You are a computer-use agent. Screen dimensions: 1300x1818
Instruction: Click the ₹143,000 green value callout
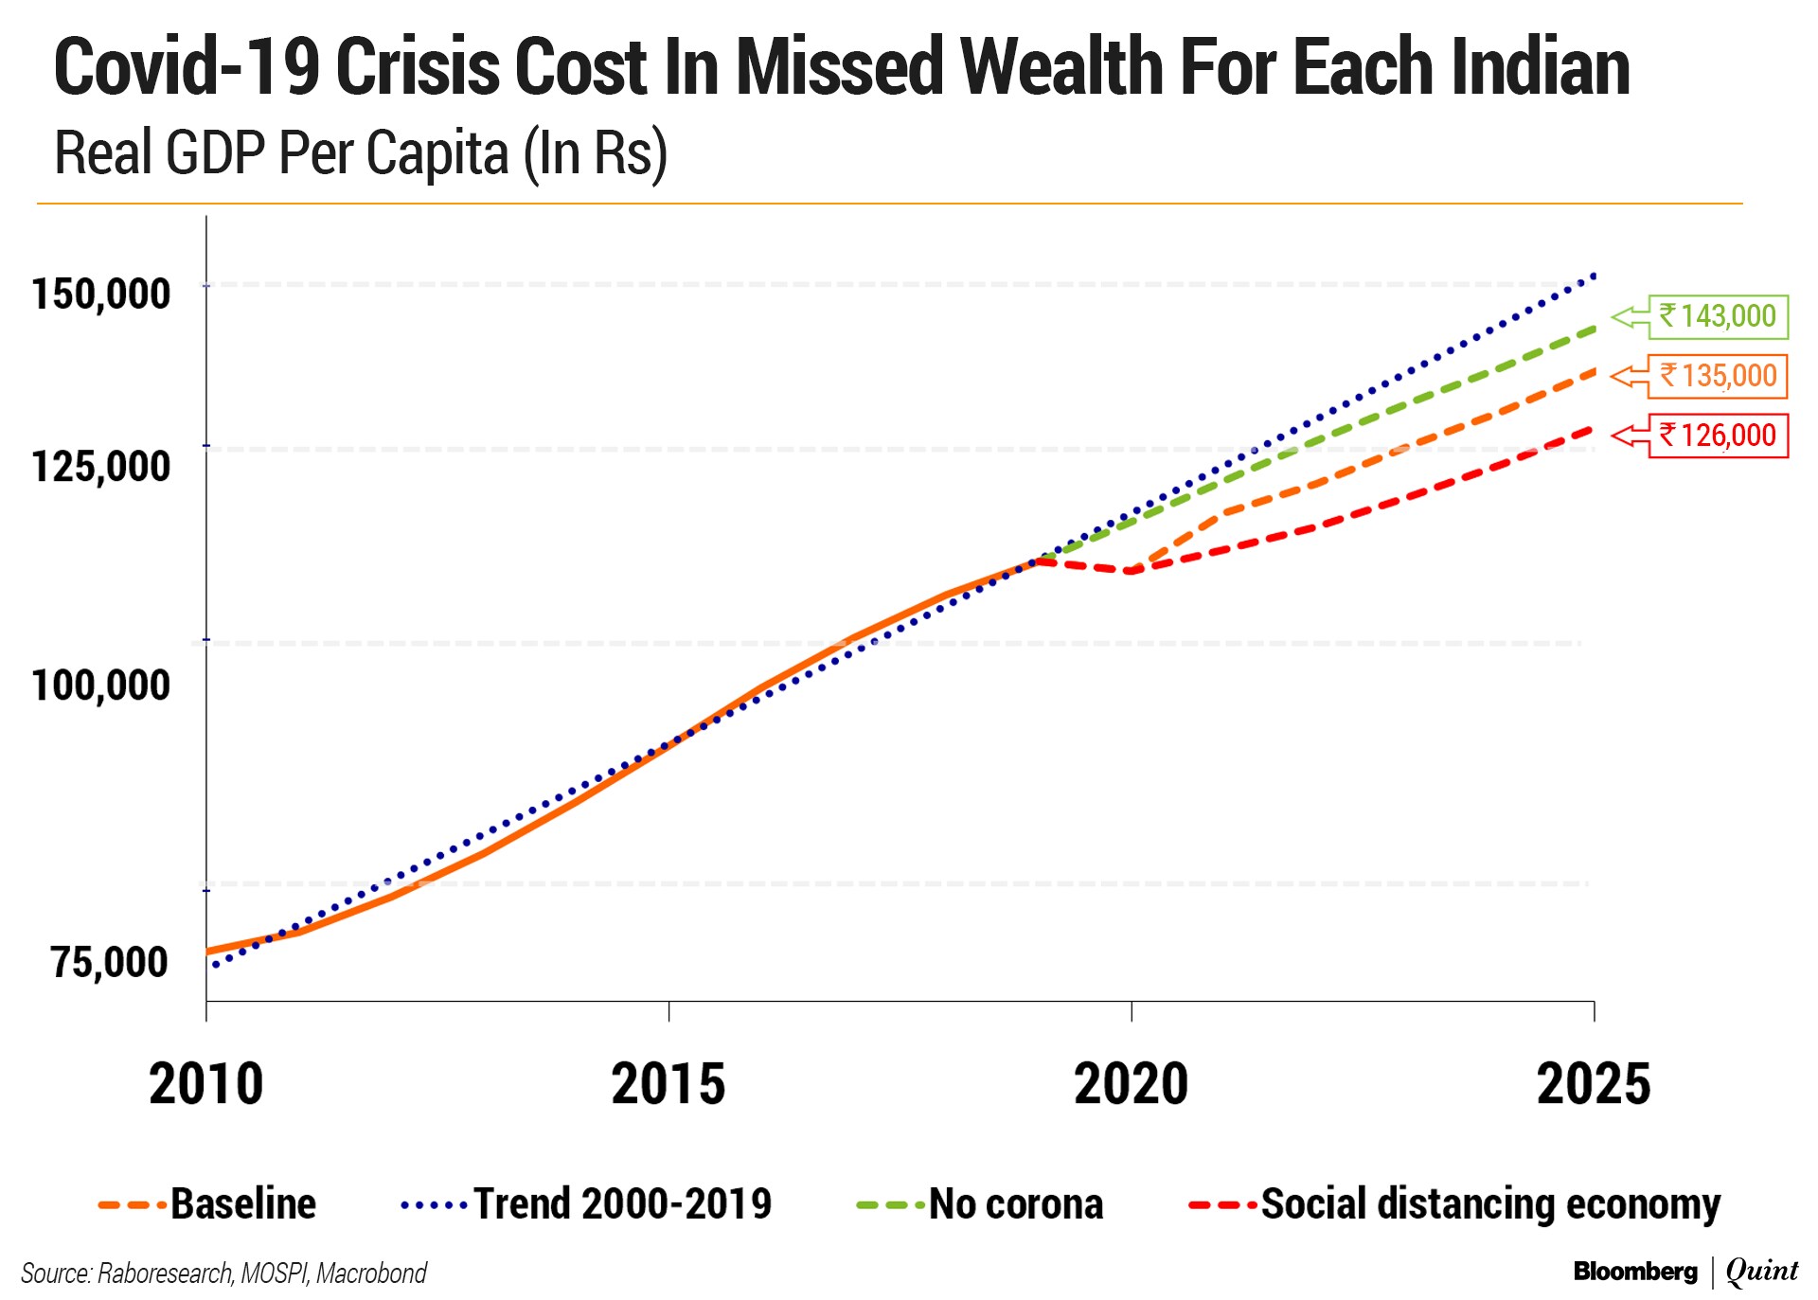pos(1718,316)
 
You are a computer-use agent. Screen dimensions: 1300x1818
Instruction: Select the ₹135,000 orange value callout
pos(1718,376)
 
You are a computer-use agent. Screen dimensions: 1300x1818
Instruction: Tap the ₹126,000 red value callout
pos(1718,436)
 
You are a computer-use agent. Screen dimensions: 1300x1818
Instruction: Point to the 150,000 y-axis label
pos(101,294)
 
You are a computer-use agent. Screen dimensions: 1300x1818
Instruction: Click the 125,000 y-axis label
pos(101,466)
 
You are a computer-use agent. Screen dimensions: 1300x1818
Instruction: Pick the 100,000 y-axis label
pos(101,685)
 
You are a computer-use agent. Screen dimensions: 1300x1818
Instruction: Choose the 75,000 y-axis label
pos(110,962)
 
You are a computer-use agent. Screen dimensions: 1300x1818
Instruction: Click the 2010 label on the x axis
pos(205,1084)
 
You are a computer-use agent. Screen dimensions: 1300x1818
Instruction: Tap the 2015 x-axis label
pos(668,1084)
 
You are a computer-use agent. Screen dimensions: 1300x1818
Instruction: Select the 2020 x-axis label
pos(1131,1084)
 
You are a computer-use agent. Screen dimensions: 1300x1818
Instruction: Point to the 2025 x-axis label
pos(1594,1084)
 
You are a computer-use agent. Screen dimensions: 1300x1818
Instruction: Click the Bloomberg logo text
pos(1635,1272)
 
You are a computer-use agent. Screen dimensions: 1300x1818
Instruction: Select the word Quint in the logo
pos(1762,1271)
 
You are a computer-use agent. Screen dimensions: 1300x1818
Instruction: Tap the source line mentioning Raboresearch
pos(223,1273)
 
